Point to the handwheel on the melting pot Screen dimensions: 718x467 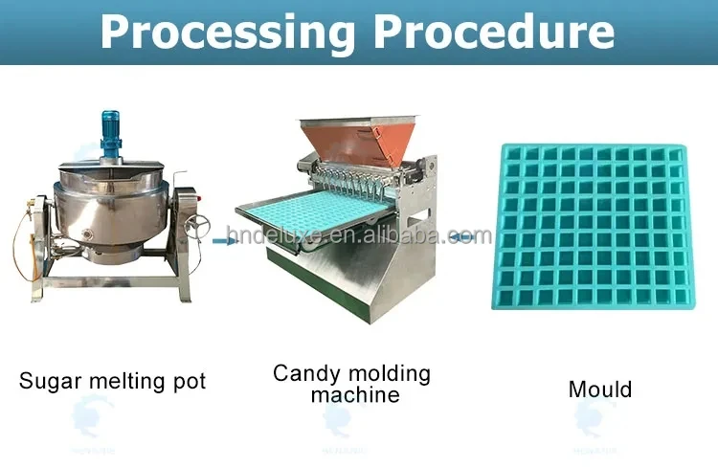point(198,226)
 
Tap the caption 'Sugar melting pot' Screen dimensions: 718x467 point(112,381)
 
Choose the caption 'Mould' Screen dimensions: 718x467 point(600,389)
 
